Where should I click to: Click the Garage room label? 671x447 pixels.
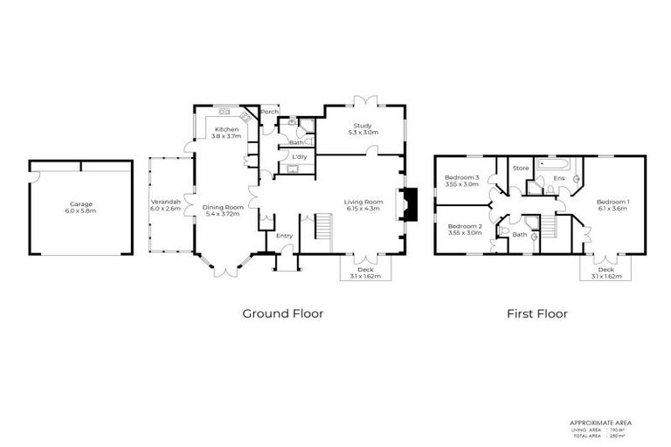82,205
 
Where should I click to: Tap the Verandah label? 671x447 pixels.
164,203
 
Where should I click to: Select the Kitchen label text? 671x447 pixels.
226,129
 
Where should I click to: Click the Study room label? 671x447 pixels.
361,127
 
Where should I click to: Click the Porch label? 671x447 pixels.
270,112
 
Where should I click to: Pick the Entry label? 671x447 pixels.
284,236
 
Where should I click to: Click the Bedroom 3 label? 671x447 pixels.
462,179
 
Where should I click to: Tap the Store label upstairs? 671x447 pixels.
521,168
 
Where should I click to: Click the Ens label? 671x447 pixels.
560,178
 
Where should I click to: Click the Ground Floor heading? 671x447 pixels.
282,313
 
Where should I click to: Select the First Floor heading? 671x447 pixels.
537,313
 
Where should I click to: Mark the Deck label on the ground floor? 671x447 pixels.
365,271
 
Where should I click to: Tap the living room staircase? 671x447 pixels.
324,231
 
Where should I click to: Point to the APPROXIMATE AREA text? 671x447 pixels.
600,423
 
